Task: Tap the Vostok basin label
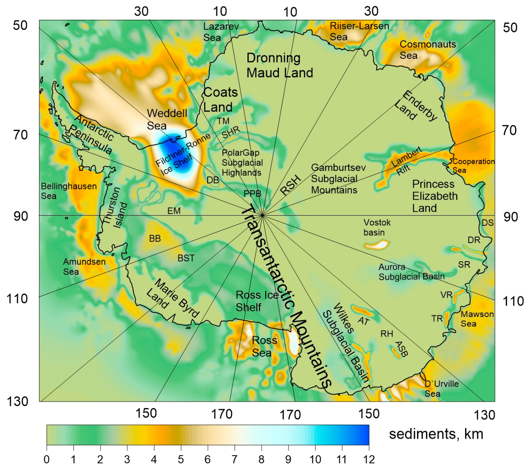click(x=377, y=227)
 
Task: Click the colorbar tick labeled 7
click(x=235, y=459)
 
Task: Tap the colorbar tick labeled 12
click(x=368, y=459)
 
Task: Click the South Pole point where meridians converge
click(x=262, y=215)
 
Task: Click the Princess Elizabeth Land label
click(x=435, y=196)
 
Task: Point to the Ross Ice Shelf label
click(x=257, y=301)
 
